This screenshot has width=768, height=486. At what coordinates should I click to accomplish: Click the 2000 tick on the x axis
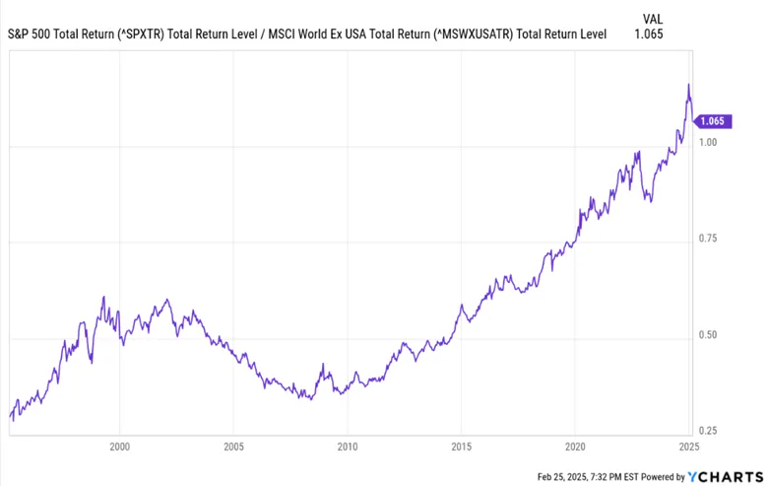pos(119,446)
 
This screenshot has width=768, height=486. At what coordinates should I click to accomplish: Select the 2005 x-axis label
pos(233,446)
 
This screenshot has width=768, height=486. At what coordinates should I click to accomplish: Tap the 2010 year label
pos(348,446)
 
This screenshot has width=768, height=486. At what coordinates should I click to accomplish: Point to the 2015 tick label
pos(461,446)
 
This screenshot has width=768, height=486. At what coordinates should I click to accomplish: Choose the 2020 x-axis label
pos(575,446)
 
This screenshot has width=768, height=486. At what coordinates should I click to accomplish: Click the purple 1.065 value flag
pos(710,121)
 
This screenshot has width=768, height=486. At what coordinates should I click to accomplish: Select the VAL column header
pos(652,17)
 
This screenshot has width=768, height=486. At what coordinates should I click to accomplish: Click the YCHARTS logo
pos(723,476)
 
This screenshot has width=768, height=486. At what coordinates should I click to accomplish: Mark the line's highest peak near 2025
pos(688,85)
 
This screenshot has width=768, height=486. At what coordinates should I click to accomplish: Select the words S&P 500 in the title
pos(30,34)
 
